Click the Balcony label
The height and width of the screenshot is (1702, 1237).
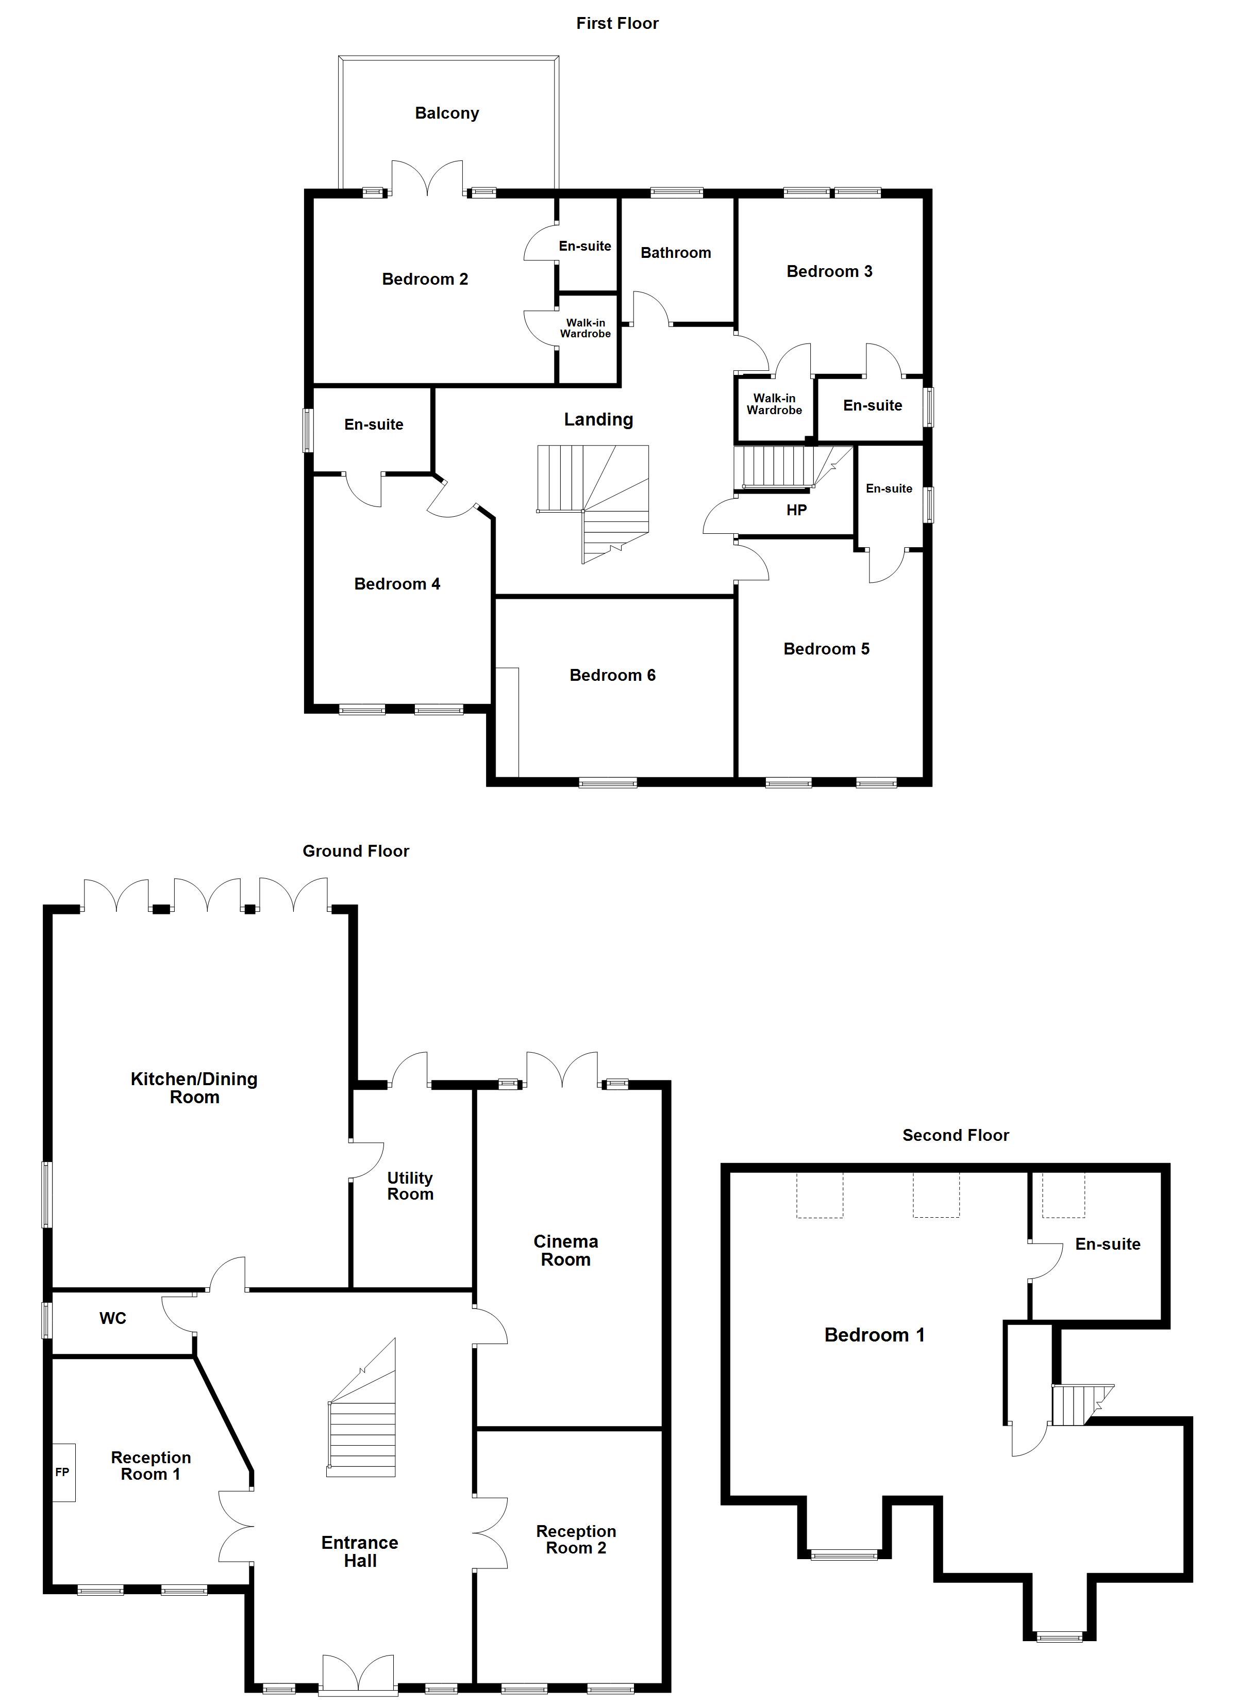coord(446,113)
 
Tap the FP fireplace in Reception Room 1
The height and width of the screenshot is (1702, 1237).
coord(63,1472)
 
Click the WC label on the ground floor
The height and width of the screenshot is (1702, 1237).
coord(112,1318)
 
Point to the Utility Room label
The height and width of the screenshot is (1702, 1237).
coord(410,1186)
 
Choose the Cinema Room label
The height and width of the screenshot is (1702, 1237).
coord(565,1251)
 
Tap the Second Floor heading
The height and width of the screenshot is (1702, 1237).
coord(955,1135)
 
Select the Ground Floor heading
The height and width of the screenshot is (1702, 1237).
coord(356,851)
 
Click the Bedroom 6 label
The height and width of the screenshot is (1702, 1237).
coord(612,676)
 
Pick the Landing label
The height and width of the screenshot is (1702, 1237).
coord(598,419)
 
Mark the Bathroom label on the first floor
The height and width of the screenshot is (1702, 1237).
coord(675,253)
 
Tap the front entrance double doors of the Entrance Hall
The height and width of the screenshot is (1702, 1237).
coord(358,1675)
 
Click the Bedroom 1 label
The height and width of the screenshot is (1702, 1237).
coord(874,1335)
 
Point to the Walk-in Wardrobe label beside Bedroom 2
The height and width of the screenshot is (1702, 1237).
coord(585,329)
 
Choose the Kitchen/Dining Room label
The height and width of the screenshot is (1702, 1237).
coord(194,1088)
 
